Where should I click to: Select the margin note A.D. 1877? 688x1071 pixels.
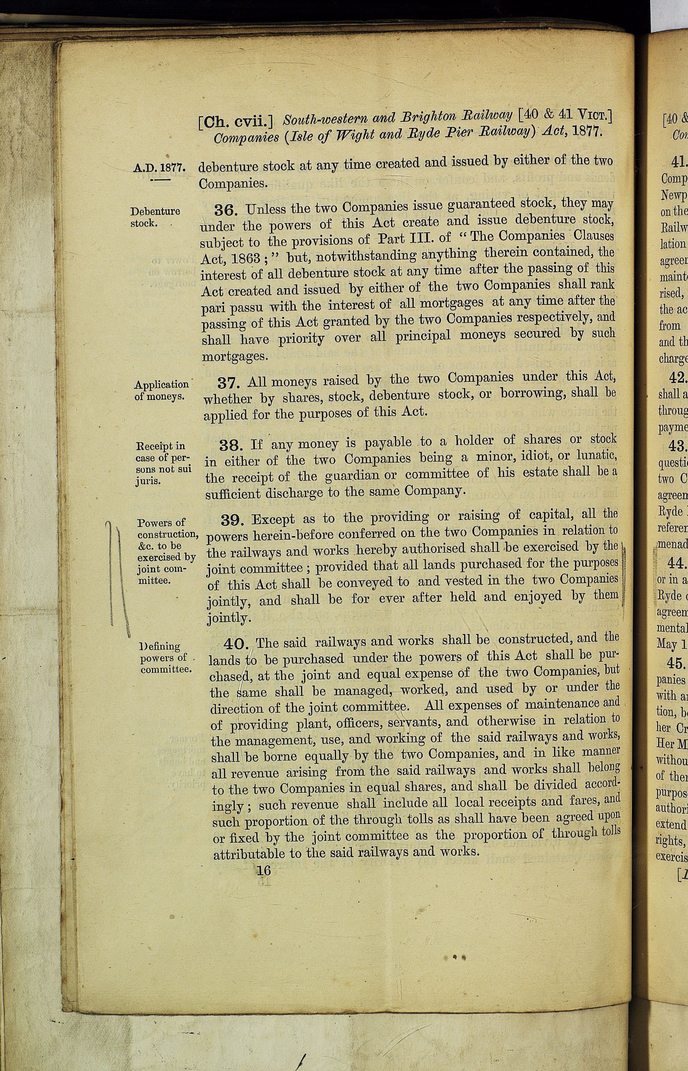coord(159,168)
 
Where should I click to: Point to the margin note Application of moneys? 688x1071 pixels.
coord(161,390)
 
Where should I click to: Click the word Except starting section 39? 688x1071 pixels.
coord(273,520)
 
